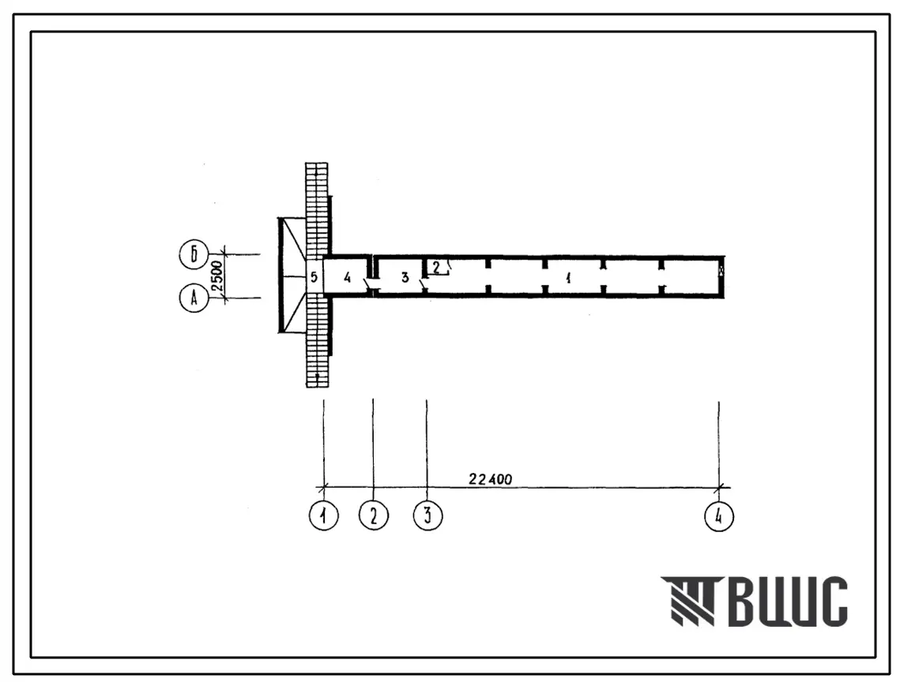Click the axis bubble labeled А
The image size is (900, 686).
coord(194,298)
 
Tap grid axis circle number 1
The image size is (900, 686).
coord(324,515)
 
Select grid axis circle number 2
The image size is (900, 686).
coord(374,515)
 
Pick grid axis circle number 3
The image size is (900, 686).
coord(427,515)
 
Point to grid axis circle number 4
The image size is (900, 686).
coord(718,516)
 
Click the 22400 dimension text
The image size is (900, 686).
coord(490,479)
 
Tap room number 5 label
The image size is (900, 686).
coord(314,278)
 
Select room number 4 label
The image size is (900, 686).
coord(347,278)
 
